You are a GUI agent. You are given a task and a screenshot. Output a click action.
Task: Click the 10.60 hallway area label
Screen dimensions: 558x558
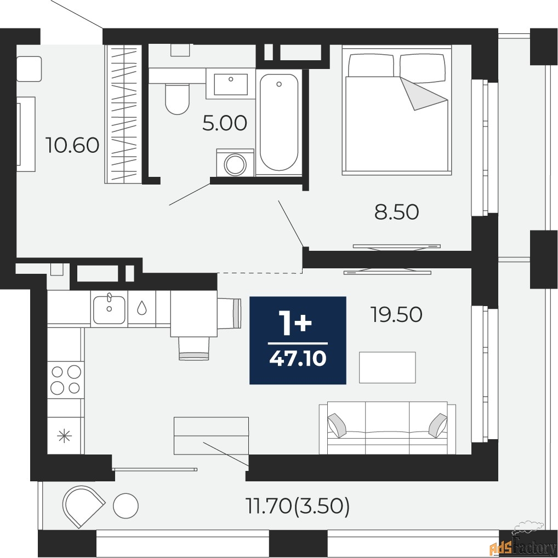[x=72, y=145]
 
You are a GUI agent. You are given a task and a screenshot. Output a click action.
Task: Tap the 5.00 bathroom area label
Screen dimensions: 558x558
[x=225, y=124]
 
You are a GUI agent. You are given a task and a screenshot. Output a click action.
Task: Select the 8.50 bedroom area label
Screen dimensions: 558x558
[x=396, y=212]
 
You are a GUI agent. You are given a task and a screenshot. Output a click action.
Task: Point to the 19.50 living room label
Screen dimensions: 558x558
[x=396, y=314]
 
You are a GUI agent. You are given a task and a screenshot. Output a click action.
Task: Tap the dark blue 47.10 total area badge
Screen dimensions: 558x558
[x=298, y=340]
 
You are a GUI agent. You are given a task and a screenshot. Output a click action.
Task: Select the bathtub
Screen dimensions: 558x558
[x=278, y=122]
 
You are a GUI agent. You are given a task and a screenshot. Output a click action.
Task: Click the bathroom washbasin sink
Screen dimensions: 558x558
[x=231, y=84]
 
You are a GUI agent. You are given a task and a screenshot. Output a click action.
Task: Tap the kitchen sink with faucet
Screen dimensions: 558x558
[x=109, y=309]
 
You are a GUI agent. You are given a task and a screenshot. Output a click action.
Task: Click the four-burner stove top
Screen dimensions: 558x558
[x=66, y=379]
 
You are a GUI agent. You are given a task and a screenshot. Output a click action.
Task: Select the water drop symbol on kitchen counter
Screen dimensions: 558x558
[x=142, y=308]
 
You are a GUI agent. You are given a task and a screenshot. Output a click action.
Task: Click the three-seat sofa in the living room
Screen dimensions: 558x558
[x=388, y=428]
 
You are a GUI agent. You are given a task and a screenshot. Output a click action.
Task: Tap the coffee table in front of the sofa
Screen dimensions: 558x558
[x=388, y=367]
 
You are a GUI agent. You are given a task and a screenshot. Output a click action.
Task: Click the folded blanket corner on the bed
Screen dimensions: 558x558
[x=423, y=94]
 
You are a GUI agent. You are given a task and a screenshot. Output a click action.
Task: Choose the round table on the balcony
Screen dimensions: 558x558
[x=126, y=505]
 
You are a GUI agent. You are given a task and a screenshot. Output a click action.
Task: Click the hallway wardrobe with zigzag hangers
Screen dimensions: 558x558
[x=123, y=114]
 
